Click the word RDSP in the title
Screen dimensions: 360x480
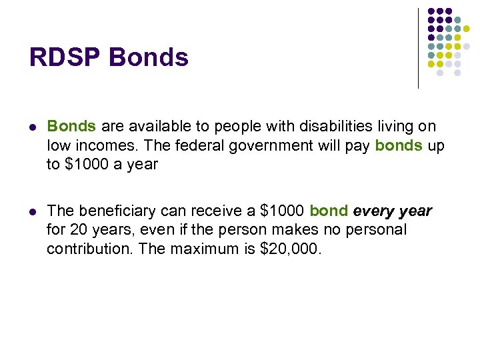[65, 58]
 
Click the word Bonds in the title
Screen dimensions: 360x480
[149, 58]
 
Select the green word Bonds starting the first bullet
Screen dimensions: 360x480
[72, 127]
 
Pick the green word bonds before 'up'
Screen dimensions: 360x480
[399, 145]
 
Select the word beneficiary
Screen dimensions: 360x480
[116, 211]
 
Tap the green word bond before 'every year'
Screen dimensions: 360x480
[329, 211]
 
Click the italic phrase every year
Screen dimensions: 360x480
[393, 211]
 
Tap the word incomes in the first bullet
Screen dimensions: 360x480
[97, 145]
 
